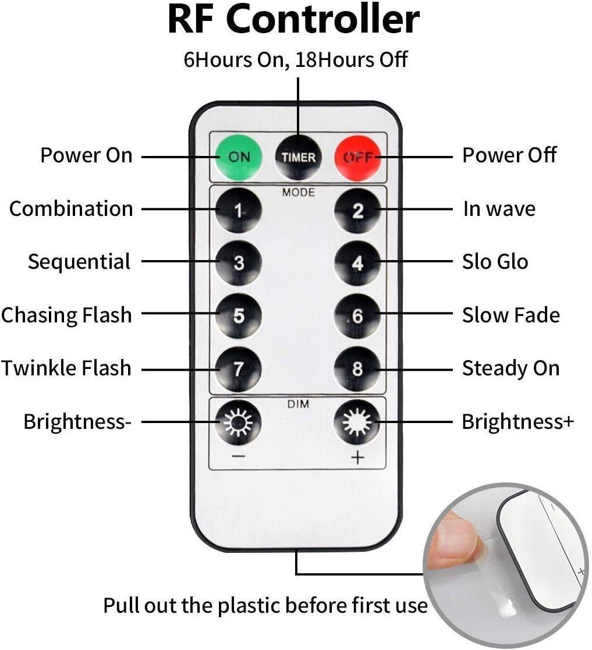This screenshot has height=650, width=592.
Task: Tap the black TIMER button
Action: click(298, 158)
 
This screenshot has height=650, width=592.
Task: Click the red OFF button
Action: click(357, 158)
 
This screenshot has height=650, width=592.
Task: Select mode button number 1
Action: click(239, 210)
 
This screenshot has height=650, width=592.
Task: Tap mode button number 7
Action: click(239, 369)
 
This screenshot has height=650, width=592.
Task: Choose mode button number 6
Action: click(357, 316)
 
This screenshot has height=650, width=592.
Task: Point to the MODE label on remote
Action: click(299, 193)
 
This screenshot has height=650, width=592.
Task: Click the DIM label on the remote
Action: click(298, 404)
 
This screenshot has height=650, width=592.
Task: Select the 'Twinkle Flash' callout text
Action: click(66, 368)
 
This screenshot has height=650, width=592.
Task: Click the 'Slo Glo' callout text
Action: click(495, 262)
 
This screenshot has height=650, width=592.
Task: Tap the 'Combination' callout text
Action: click(71, 208)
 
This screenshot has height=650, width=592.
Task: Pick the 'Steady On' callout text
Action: click(511, 368)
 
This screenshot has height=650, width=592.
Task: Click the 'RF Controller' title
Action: click(294, 19)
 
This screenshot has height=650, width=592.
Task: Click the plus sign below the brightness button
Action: click(357, 457)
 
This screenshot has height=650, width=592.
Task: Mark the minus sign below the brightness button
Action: click(239, 457)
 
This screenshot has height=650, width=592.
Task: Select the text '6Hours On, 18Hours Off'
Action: click(296, 60)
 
